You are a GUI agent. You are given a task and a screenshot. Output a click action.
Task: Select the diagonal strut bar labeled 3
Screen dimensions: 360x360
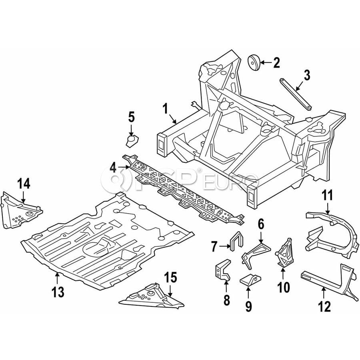pos(296,94)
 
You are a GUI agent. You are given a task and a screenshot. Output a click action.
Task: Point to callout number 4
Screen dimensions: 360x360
pos(113,168)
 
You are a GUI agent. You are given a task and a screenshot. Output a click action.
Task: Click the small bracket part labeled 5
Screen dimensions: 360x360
pos(132,141)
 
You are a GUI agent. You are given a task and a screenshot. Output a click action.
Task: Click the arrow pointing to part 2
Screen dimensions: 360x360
pos(266,62)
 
